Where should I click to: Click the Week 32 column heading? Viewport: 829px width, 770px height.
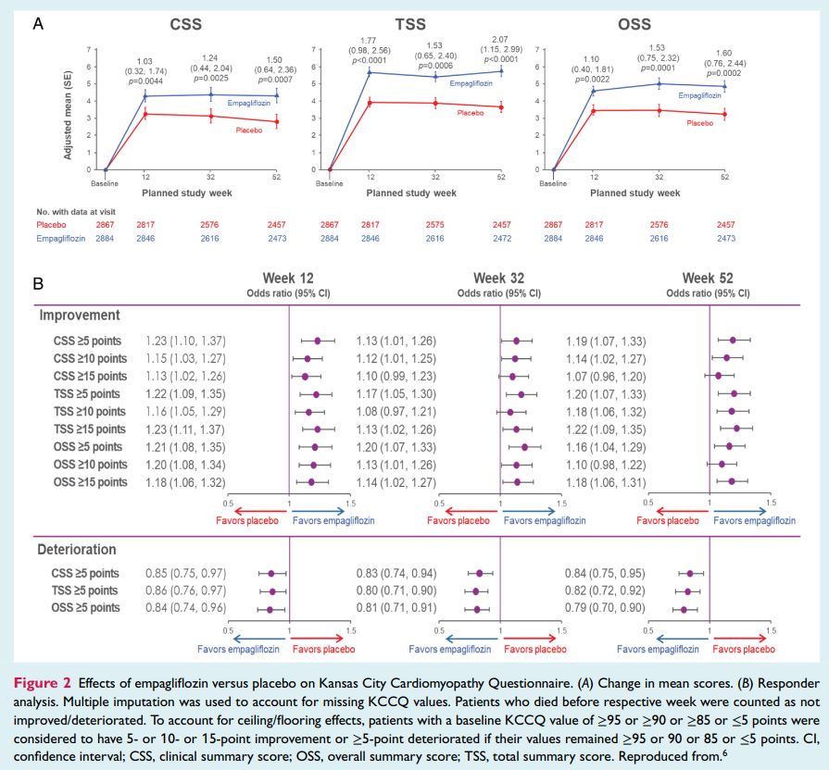(x=500, y=279)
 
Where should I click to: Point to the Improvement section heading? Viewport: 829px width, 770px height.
(x=80, y=315)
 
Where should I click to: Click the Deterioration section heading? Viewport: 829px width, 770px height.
(x=78, y=549)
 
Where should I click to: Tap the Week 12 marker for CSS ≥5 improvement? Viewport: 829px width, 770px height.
(x=318, y=341)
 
